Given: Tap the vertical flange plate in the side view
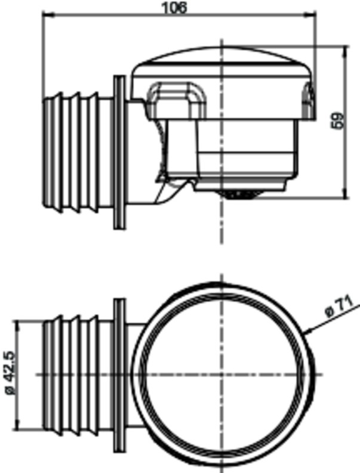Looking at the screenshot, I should click(x=119, y=152).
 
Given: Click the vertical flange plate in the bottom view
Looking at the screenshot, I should click(x=119, y=375).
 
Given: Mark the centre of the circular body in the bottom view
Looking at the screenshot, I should click(x=222, y=375).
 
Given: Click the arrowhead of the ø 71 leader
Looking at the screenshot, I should click(x=306, y=332).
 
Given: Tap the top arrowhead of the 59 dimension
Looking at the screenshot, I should click(x=344, y=51).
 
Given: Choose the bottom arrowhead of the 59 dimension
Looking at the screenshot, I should click(x=344, y=195).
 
